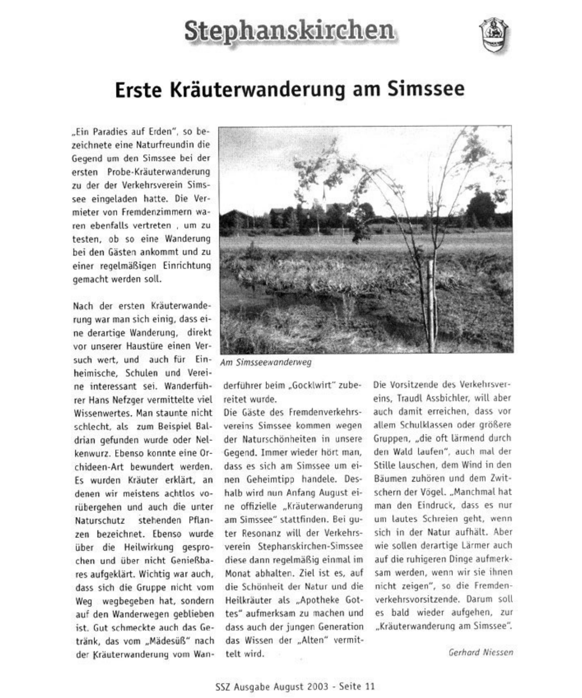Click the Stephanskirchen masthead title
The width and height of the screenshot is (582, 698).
pyautogui.click(x=289, y=31)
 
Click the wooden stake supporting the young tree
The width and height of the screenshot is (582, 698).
pyautogui.click(x=430, y=295)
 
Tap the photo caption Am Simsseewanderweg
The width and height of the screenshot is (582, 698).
pyautogui.click(x=265, y=363)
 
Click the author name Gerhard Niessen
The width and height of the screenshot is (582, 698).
pyautogui.click(x=480, y=652)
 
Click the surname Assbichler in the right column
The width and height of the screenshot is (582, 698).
pyautogui.click(x=450, y=398)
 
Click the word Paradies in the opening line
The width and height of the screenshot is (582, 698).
pyautogui.click(x=98, y=131)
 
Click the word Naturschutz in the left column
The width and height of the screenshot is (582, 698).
pyautogui.click(x=100, y=520)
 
